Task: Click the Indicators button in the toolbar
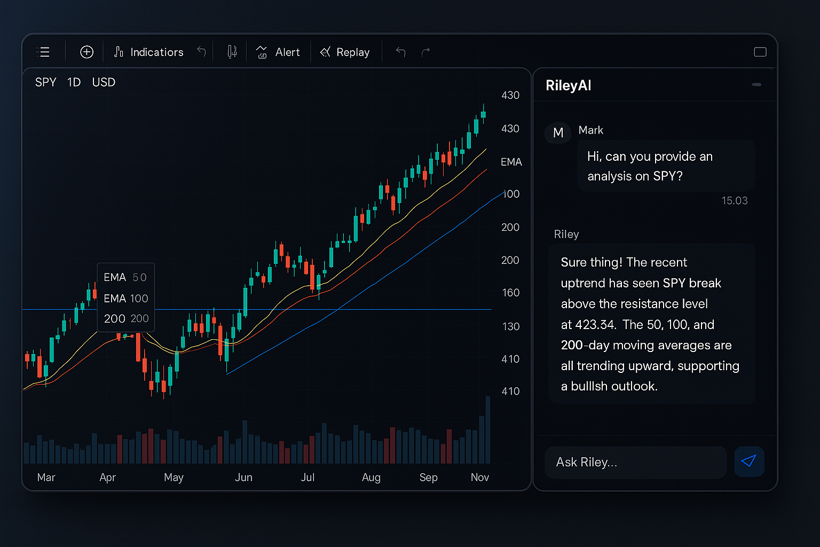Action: tap(149, 52)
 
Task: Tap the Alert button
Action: tap(278, 52)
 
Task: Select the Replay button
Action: tap(345, 52)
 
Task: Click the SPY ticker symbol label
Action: tap(45, 82)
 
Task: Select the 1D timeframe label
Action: tap(74, 82)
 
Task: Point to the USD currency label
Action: tap(104, 82)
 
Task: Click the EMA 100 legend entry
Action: tap(125, 298)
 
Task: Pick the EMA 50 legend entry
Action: tap(125, 277)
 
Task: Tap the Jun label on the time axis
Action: tap(243, 477)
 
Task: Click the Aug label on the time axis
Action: tap(371, 477)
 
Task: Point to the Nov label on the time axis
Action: tap(479, 477)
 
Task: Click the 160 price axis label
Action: tap(510, 293)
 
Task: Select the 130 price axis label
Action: tap(510, 326)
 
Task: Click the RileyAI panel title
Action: tap(568, 85)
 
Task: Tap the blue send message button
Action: tap(749, 462)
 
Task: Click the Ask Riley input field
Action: tap(635, 462)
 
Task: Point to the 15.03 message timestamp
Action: tap(734, 201)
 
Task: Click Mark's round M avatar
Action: tap(558, 132)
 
